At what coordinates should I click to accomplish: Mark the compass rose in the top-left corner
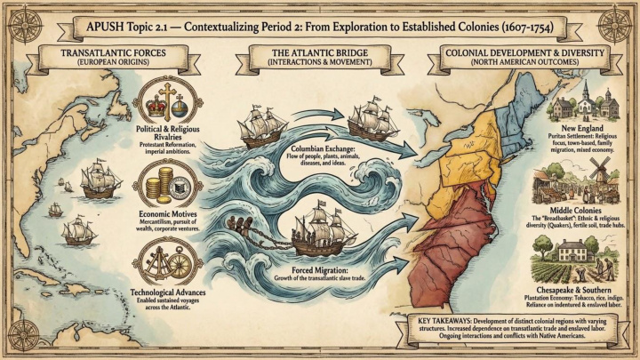[18, 19]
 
